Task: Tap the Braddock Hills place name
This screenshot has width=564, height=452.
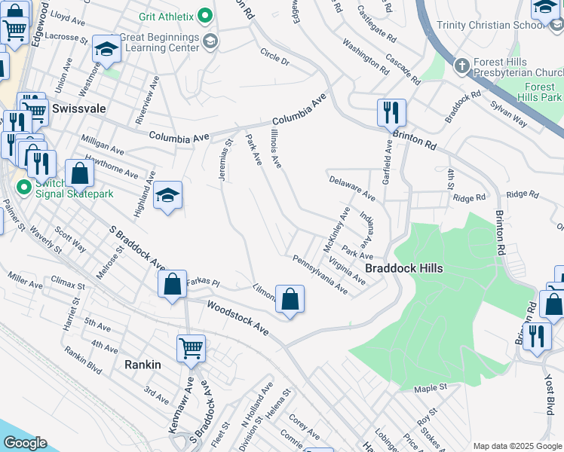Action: [x=403, y=268]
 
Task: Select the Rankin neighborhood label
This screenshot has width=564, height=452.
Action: [x=143, y=365]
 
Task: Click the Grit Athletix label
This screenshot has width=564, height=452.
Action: [x=166, y=17]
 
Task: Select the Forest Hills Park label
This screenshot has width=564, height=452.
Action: [x=541, y=92]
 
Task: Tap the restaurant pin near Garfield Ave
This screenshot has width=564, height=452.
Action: [x=391, y=112]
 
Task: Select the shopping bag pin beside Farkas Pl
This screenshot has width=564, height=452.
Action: [x=173, y=285]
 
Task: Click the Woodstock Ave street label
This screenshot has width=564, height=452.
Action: [x=241, y=317]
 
